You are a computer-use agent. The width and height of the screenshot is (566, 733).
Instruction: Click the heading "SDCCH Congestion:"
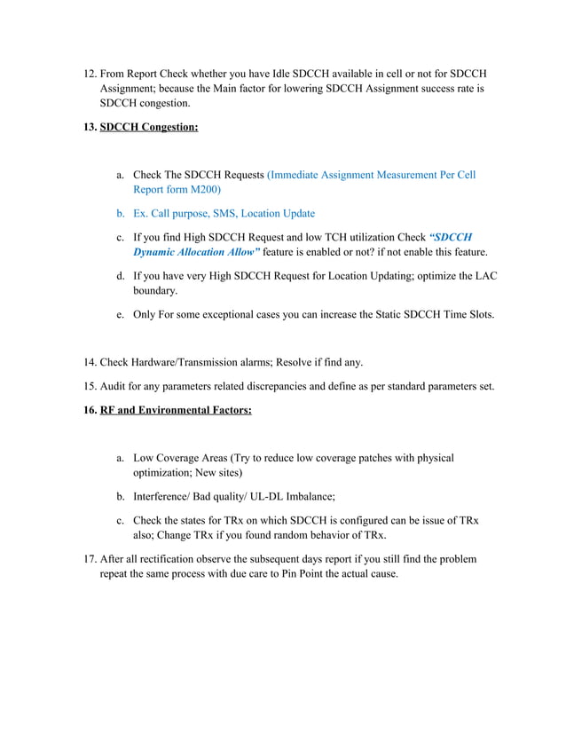click(149, 127)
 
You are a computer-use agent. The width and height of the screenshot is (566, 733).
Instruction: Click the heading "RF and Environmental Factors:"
click(176, 410)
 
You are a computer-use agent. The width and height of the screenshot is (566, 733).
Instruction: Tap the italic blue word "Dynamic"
click(158, 252)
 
